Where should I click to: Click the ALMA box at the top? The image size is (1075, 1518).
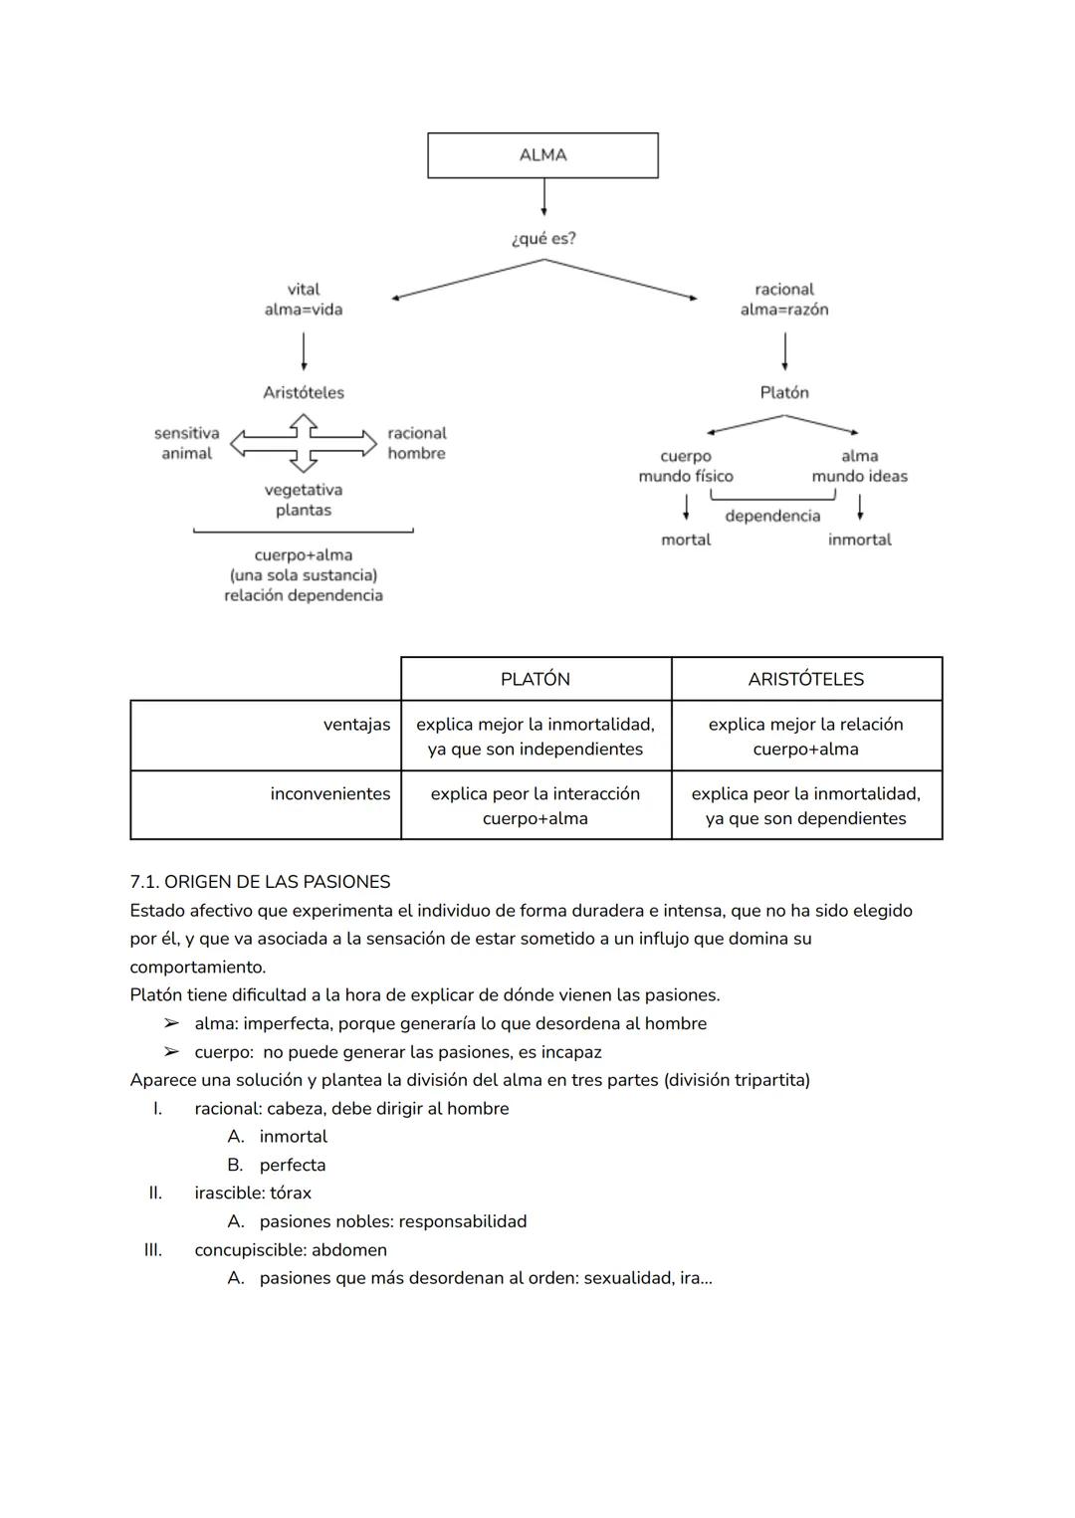[x=542, y=155]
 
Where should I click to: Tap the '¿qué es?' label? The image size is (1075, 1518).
[x=542, y=239]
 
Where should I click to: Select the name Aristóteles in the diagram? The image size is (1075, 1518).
[x=304, y=392]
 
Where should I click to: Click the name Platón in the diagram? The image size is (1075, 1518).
[x=784, y=392]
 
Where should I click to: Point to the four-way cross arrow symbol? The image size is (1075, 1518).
[x=304, y=443]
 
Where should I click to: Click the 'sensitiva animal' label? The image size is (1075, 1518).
[x=187, y=443]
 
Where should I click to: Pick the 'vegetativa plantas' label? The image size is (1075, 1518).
[x=304, y=500]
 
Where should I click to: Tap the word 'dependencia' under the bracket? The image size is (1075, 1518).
[x=772, y=516]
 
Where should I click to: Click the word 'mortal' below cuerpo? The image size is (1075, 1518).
[x=686, y=540]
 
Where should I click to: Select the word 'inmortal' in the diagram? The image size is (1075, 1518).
[x=859, y=540]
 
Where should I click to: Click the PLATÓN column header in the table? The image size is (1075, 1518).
[x=536, y=679]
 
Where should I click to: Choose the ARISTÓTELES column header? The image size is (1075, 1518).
[x=806, y=679]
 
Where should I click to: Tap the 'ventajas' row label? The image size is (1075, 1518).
[x=356, y=725]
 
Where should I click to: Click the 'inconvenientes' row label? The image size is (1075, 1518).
[x=330, y=793]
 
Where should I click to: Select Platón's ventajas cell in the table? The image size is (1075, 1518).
[x=536, y=737]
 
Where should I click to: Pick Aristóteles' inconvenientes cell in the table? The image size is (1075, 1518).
[x=806, y=806]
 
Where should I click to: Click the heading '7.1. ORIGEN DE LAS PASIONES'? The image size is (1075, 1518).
[x=260, y=882]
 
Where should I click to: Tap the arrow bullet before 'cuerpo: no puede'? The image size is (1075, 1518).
[x=172, y=1052]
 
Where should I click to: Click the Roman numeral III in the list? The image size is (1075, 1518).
[x=152, y=1250]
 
